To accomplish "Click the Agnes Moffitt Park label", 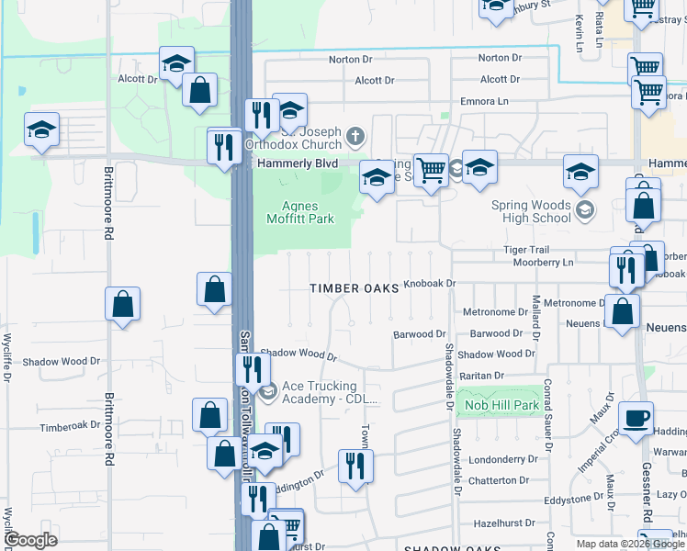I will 299,212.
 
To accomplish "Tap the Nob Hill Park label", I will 501,405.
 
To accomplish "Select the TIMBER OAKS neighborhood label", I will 355,288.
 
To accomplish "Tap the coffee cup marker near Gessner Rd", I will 636,419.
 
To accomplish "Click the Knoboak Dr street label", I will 430,284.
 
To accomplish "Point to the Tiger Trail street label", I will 525,250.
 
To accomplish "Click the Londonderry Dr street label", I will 501,459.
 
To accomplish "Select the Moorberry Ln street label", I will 544,262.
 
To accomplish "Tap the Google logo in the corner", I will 32,540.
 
